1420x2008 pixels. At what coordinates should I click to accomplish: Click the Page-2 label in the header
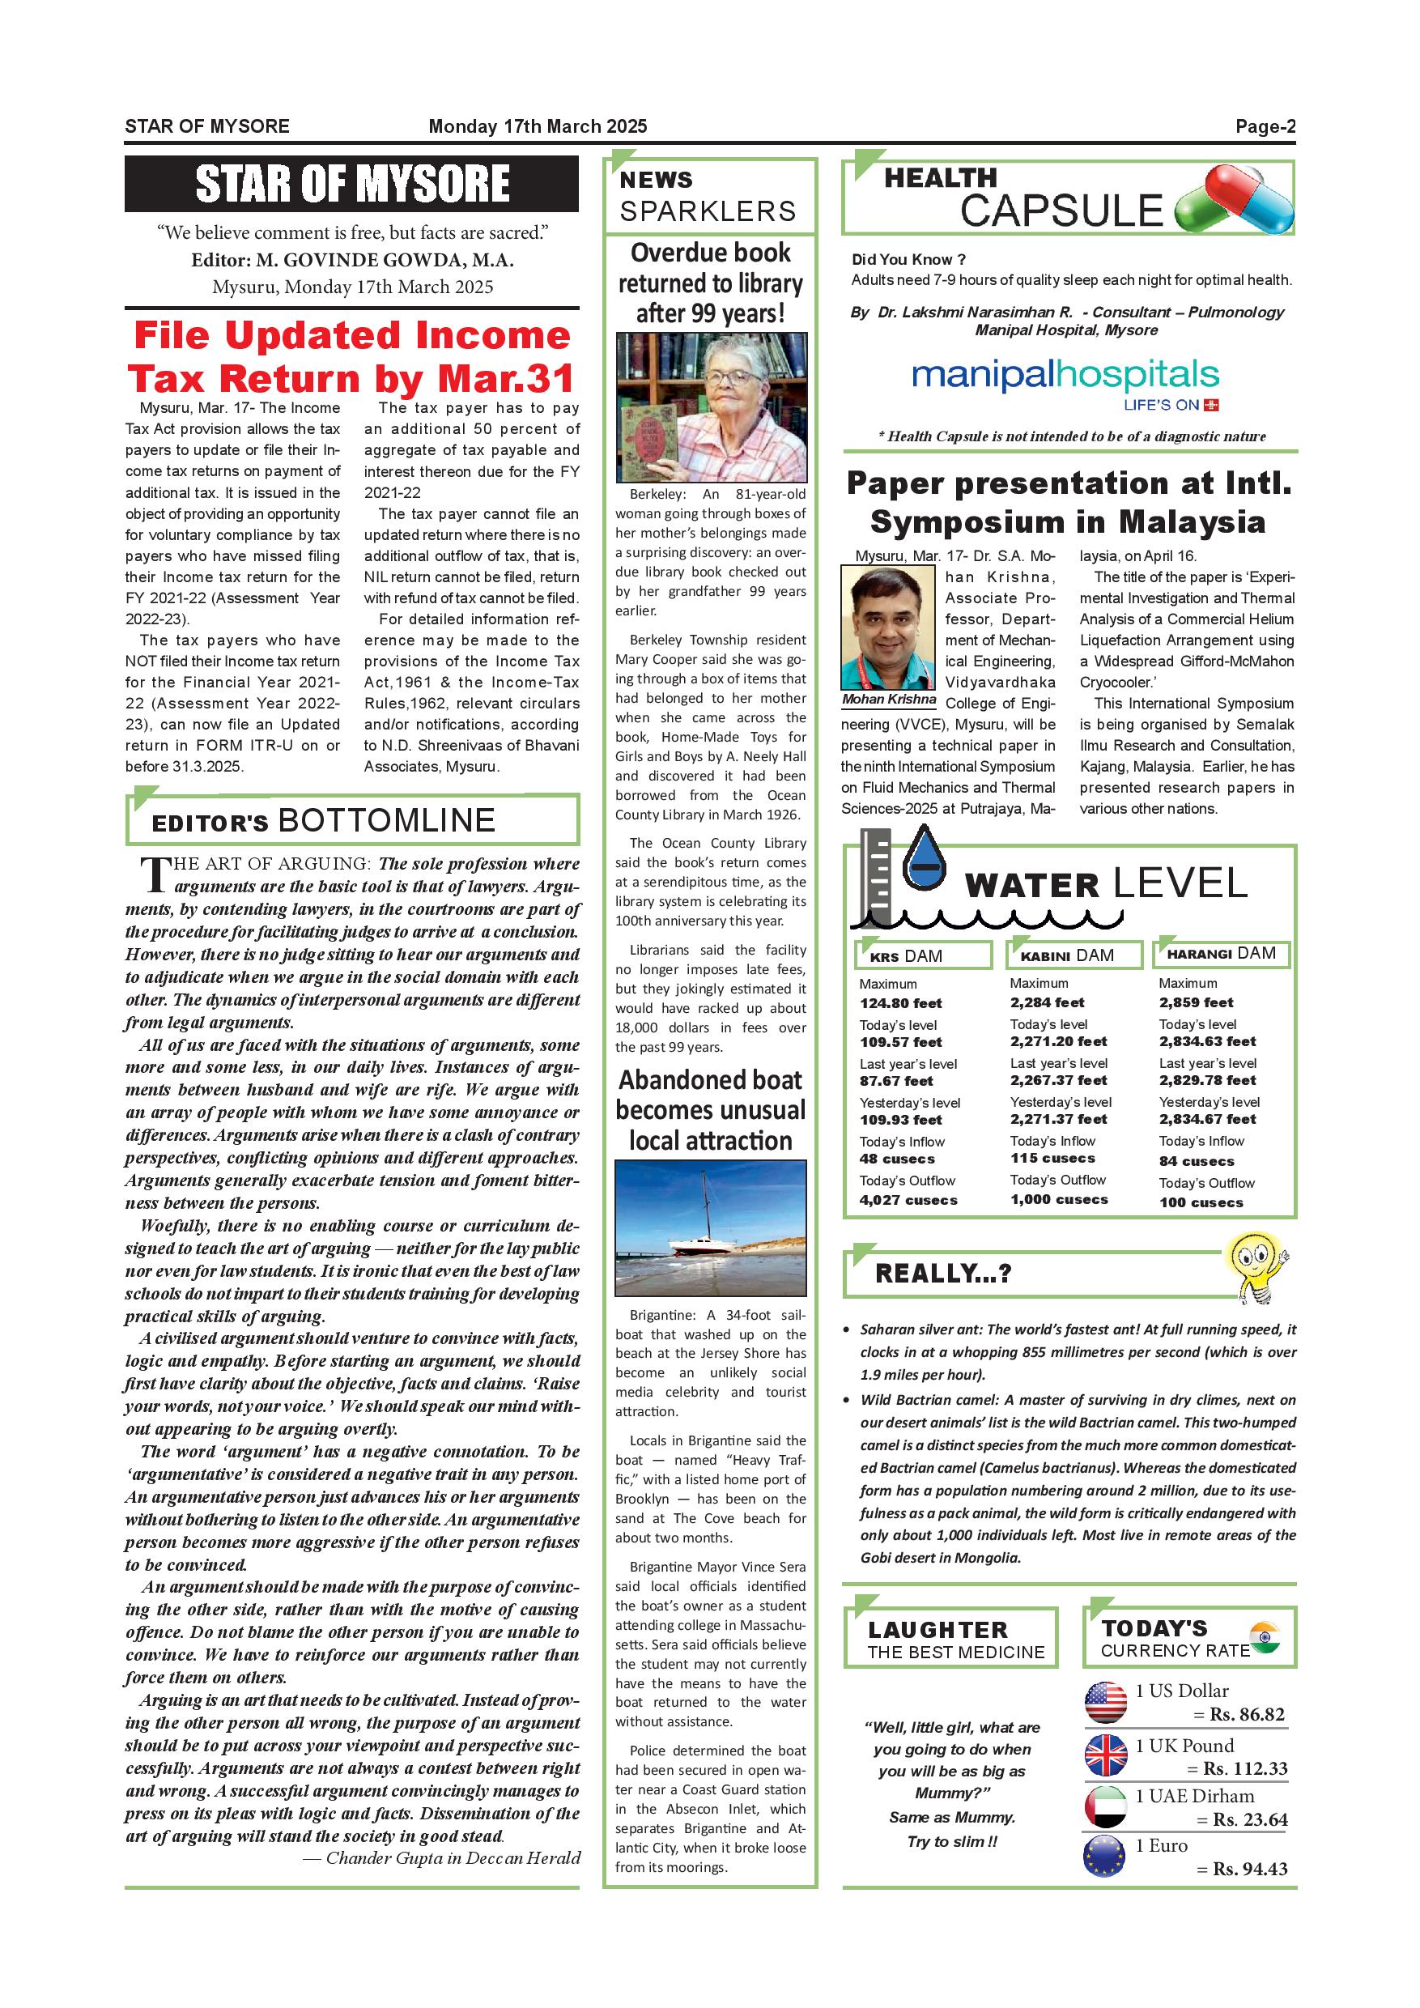[x=1265, y=126]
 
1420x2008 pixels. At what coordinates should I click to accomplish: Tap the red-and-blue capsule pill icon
[x=1235, y=200]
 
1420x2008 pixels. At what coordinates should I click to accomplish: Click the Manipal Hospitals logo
[x=1065, y=382]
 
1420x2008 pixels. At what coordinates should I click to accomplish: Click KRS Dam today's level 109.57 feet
[x=900, y=1041]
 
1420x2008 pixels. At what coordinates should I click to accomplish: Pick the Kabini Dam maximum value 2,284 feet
[x=1047, y=1002]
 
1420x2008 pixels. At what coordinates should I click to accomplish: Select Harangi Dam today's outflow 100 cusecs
[x=1201, y=1202]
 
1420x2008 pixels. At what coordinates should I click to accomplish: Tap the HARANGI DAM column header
[x=1221, y=953]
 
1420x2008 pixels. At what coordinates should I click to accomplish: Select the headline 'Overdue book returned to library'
[x=710, y=283]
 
